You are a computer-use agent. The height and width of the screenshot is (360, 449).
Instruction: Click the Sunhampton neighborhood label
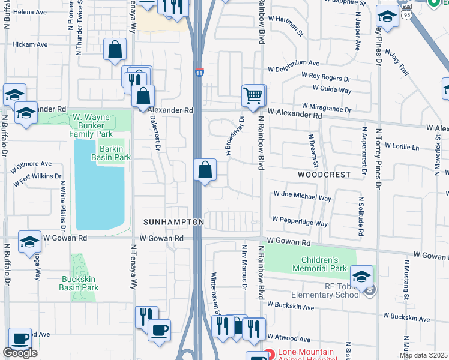click(x=173, y=222)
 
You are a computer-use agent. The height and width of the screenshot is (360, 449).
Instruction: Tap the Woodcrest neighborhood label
click(x=324, y=174)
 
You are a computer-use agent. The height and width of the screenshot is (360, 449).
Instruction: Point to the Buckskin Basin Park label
click(x=79, y=283)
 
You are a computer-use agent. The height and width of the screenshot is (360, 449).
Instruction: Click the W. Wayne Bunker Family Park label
click(x=91, y=125)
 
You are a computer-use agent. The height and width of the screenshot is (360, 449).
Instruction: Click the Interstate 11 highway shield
click(x=199, y=73)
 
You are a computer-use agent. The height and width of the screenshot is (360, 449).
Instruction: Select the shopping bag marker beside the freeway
click(x=205, y=170)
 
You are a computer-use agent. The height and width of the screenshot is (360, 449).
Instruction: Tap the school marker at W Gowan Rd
click(x=29, y=242)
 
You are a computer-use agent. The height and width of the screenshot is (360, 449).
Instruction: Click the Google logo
click(x=20, y=353)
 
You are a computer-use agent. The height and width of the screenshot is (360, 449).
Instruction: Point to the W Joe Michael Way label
click(x=302, y=196)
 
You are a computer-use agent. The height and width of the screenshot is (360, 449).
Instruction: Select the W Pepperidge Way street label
click(x=300, y=221)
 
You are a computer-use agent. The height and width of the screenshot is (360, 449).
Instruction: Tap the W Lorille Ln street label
click(x=405, y=146)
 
